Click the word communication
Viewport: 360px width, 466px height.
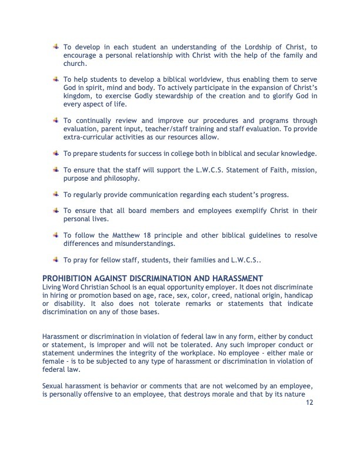tap(157, 194)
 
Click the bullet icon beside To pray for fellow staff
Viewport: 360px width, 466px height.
tap(55, 259)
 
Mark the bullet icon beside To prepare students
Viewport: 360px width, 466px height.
tap(55, 154)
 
